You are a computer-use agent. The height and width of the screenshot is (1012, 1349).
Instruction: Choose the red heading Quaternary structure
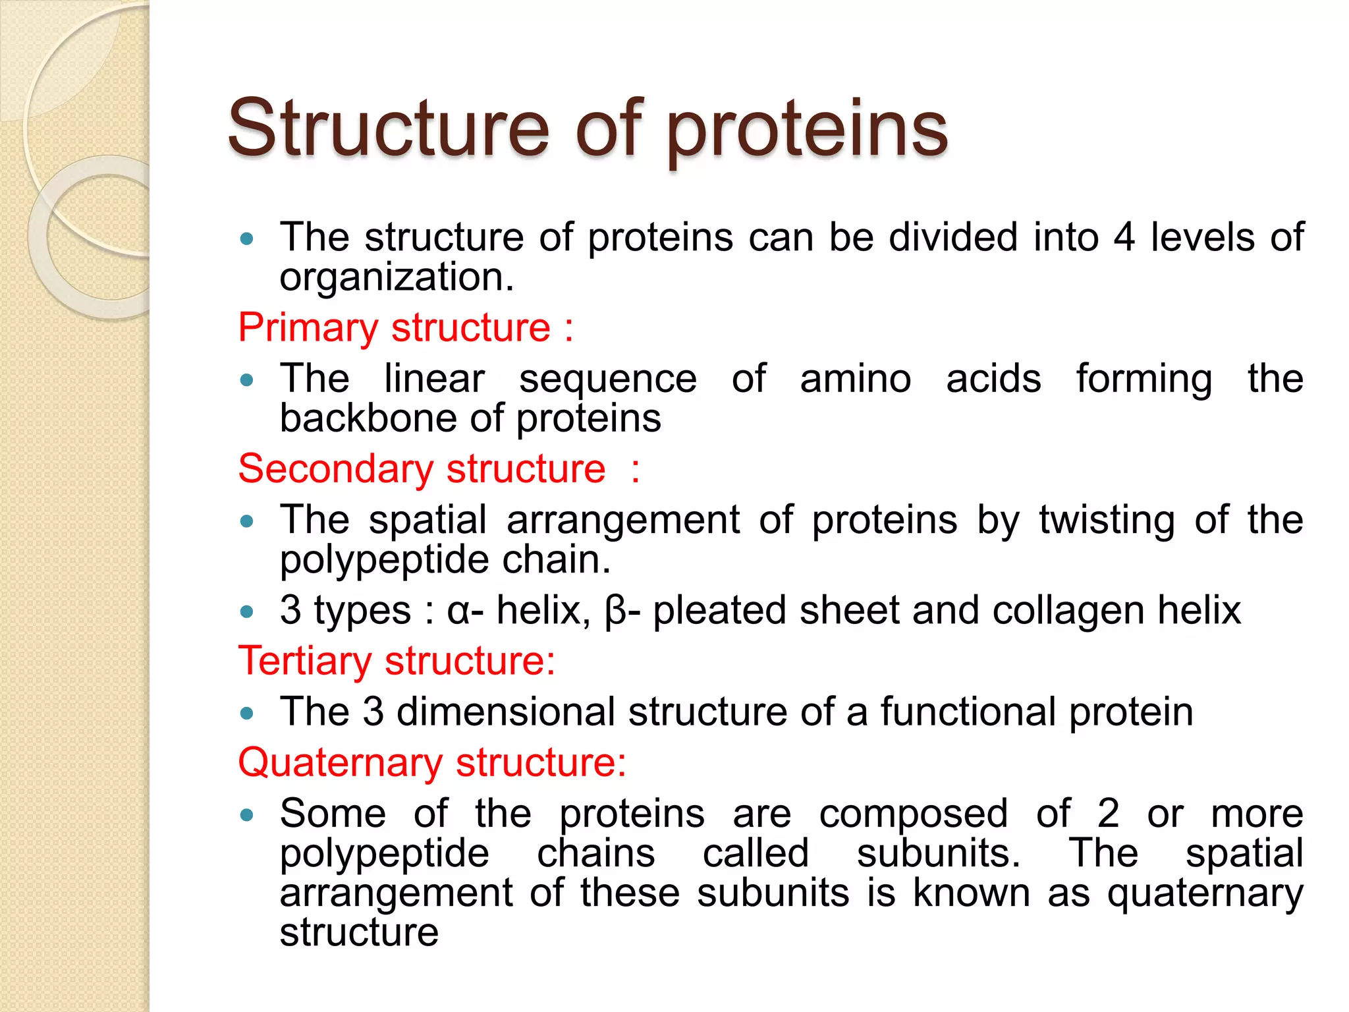click(431, 763)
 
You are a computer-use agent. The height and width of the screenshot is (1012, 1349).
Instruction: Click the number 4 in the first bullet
click(1124, 237)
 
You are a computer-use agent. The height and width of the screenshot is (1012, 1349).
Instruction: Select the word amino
click(856, 379)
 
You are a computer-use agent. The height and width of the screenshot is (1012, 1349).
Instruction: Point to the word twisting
click(1107, 520)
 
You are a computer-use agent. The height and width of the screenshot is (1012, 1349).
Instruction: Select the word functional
click(968, 712)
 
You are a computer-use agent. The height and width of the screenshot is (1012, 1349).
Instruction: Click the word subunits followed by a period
click(938, 853)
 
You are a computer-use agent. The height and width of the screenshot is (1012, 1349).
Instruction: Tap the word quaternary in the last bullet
click(1205, 895)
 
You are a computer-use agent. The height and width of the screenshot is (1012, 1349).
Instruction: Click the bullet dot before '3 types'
click(247, 611)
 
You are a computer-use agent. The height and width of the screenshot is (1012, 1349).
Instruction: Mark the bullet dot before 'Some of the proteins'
click(247, 816)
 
